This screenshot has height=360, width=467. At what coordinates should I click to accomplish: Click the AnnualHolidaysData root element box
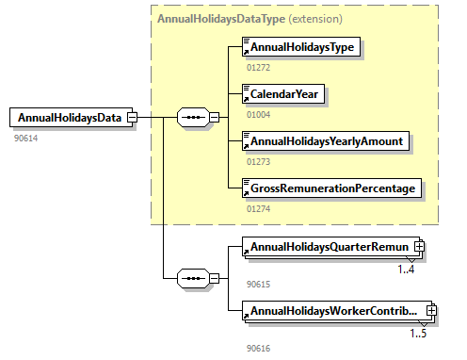(x=72, y=118)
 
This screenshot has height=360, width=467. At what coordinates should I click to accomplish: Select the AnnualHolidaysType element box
(x=301, y=47)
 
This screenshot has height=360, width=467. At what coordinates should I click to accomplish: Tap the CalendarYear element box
(x=283, y=94)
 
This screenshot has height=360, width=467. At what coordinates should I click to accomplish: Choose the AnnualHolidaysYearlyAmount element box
(x=326, y=141)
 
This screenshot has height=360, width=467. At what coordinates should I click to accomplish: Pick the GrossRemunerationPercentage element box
(x=331, y=188)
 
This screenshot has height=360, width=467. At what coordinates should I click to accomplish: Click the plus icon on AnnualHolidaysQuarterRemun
(x=419, y=247)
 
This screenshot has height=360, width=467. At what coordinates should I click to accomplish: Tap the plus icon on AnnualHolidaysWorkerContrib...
(x=431, y=311)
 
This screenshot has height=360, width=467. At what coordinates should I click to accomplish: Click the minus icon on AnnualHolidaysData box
(x=133, y=118)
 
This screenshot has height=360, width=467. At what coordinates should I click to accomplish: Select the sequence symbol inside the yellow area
(x=193, y=118)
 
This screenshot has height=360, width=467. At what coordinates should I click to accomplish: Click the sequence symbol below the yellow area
(x=193, y=278)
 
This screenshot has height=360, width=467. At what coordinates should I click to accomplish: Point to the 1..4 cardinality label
(x=406, y=270)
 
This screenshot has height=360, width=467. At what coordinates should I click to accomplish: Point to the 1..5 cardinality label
(x=418, y=334)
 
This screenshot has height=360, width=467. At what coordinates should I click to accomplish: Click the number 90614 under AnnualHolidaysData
(x=25, y=139)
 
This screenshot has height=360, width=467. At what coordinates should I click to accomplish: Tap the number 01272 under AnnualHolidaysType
(x=258, y=68)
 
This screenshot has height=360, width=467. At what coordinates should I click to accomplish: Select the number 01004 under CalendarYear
(x=258, y=115)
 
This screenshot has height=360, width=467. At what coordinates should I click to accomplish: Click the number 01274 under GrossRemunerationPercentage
(x=258, y=209)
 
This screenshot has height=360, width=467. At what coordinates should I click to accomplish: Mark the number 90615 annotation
(x=258, y=285)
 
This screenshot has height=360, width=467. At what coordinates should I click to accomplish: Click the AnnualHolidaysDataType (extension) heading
(x=250, y=19)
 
